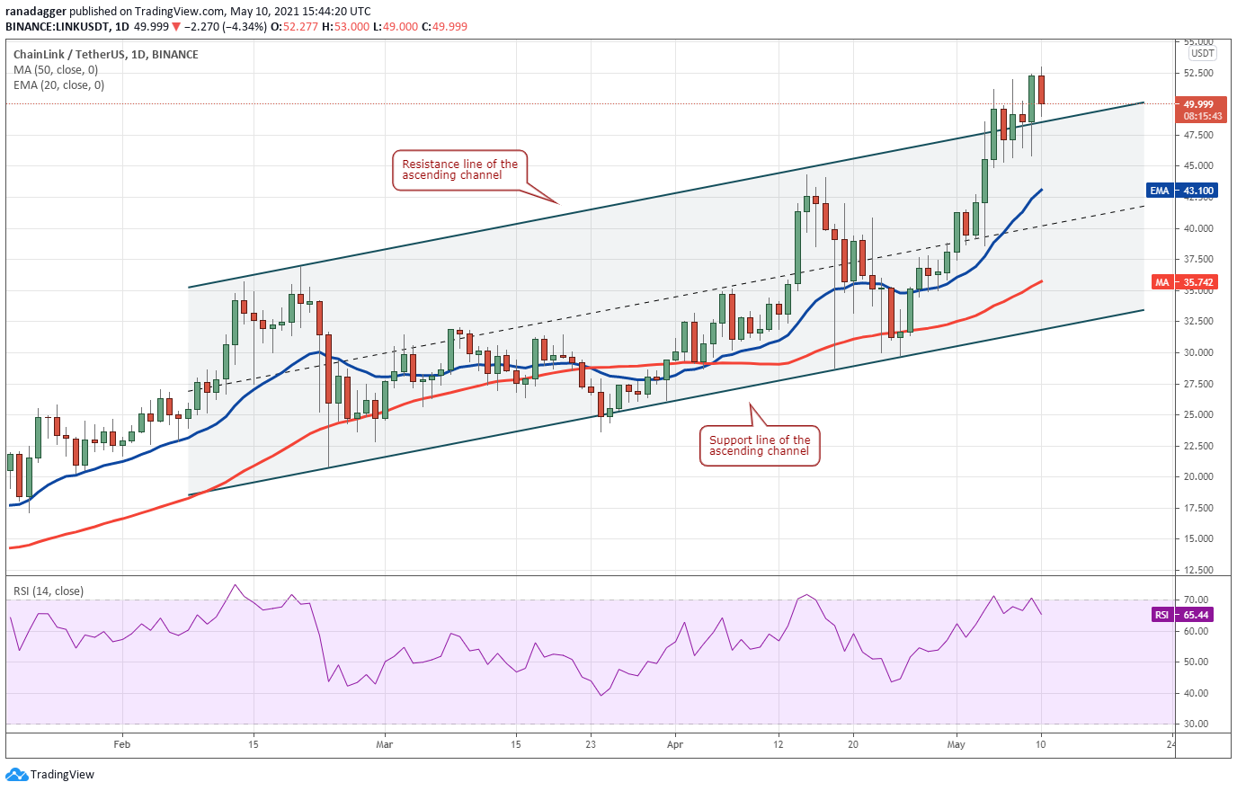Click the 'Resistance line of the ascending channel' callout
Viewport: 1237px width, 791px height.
pyautogui.click(x=459, y=170)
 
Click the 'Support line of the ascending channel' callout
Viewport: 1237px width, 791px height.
pyautogui.click(x=760, y=446)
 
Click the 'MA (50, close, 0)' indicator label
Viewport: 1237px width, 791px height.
pyautogui.click(x=56, y=70)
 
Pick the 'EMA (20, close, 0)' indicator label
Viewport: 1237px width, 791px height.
pyautogui.click(x=58, y=85)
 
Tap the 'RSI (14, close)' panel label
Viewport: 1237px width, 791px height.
pyautogui.click(x=49, y=591)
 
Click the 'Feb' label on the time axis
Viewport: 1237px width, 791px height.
pyautogui.click(x=122, y=744)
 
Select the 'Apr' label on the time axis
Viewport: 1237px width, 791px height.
pyautogui.click(x=675, y=744)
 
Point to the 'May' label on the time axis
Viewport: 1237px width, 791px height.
pyautogui.click(x=956, y=744)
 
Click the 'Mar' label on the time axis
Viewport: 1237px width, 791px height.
pyautogui.click(x=384, y=744)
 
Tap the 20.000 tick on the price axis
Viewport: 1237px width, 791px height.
pyautogui.click(x=1198, y=477)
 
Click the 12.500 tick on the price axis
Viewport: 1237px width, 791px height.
pyautogui.click(x=1198, y=570)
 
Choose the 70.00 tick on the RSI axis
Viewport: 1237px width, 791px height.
pyautogui.click(x=1196, y=600)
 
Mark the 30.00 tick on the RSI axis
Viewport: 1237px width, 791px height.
pyautogui.click(x=1196, y=724)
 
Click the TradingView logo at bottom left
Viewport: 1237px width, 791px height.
pyautogui.click(x=50, y=775)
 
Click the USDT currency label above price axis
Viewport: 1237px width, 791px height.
pyautogui.click(x=1203, y=54)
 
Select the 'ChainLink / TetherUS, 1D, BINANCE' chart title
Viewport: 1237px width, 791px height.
pyautogui.click(x=106, y=55)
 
